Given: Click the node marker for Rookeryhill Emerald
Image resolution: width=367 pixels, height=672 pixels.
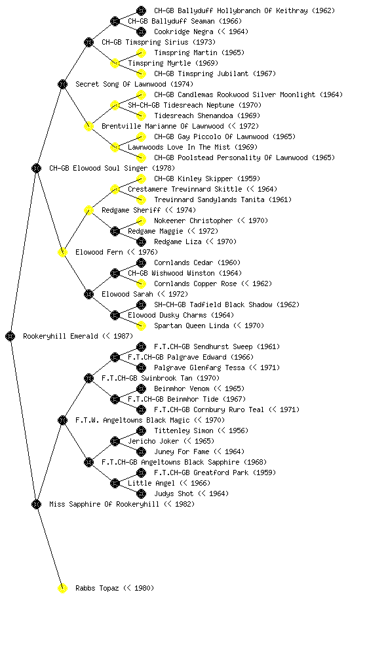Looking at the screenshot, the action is coord(10,337).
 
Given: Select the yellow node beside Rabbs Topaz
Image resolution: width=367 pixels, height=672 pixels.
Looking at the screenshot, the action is coord(62,589).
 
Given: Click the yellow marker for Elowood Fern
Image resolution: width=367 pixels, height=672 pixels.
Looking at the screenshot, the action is coord(62,253).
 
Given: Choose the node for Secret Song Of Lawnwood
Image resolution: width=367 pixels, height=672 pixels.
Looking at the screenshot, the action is coord(62,85).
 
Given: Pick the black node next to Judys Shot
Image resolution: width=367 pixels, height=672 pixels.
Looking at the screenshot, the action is coord(141,493).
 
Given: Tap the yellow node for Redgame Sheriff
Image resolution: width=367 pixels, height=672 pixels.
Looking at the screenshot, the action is coord(88,211).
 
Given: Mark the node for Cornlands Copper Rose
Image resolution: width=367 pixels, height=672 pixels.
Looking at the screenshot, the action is coord(141,283).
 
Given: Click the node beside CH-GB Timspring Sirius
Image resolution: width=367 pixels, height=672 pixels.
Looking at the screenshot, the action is coord(88,43).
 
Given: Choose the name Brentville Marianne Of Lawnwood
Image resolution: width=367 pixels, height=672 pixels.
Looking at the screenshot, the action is coord(163,127).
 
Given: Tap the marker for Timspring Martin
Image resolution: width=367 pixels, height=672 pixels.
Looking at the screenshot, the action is coord(141,52).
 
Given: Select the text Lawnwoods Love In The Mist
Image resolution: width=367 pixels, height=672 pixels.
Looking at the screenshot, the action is coord(179,148).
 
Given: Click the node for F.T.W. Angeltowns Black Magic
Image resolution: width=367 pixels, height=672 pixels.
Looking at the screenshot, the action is coord(62,421).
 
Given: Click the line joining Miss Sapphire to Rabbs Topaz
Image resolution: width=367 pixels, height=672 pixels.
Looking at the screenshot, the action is coord(49,547).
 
